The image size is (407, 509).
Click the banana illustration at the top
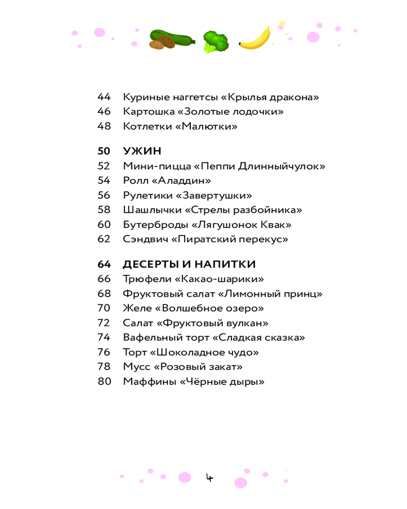[x=254, y=39]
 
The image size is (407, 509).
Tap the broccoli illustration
[x=215, y=41]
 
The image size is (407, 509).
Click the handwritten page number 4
[x=209, y=477]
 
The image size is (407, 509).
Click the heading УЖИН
[x=142, y=151]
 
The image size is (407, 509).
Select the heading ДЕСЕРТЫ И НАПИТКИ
[x=189, y=264]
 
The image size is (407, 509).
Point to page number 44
[x=104, y=97]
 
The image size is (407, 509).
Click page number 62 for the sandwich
[x=104, y=239]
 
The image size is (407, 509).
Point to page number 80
[x=104, y=382]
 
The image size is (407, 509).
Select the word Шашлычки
[x=151, y=210]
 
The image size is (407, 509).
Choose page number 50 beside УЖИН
[x=104, y=151]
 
